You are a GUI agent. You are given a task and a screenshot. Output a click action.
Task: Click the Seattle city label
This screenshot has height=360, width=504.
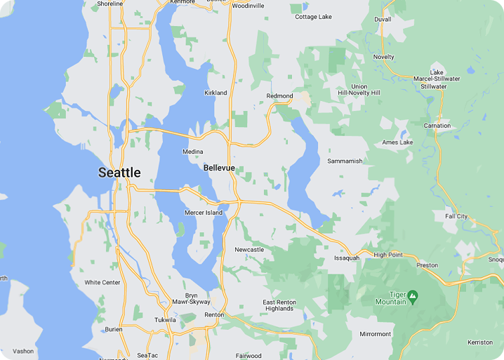[x=119, y=173]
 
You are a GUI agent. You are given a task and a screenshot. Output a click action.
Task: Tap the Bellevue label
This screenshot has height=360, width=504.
[x=219, y=168]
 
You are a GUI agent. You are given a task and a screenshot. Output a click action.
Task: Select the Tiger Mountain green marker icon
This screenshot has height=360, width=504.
[x=413, y=297]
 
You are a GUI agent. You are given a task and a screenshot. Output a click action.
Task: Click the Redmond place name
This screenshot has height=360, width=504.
[x=279, y=96]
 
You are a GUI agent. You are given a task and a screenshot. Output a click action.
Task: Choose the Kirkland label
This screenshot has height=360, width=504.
[x=215, y=93]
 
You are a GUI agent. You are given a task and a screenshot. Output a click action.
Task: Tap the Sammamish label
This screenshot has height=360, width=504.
[x=345, y=161]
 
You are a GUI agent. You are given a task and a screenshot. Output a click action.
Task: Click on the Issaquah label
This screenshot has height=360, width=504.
[x=346, y=258]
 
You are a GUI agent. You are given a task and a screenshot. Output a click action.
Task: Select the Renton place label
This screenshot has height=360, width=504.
[x=214, y=315]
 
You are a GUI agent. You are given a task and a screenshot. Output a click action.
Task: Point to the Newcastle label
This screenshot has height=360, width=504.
[x=249, y=250]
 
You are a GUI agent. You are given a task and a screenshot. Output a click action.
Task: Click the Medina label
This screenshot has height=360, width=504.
[x=192, y=152]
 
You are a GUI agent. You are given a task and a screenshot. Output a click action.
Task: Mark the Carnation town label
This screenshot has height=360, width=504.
[x=437, y=126]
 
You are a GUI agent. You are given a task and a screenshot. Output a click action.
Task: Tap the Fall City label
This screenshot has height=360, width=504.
[x=456, y=216]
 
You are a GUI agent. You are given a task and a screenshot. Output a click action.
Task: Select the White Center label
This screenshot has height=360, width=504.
[x=102, y=283]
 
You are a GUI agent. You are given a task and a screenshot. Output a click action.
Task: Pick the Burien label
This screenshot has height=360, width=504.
[x=114, y=329]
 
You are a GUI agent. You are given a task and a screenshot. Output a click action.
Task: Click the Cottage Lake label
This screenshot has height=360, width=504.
[x=313, y=17]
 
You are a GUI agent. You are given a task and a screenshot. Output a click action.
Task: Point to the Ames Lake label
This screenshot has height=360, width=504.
[x=397, y=142]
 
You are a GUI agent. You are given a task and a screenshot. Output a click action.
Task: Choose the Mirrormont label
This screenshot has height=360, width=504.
[x=374, y=334]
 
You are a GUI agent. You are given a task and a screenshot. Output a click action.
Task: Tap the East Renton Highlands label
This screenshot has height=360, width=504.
[x=279, y=306]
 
